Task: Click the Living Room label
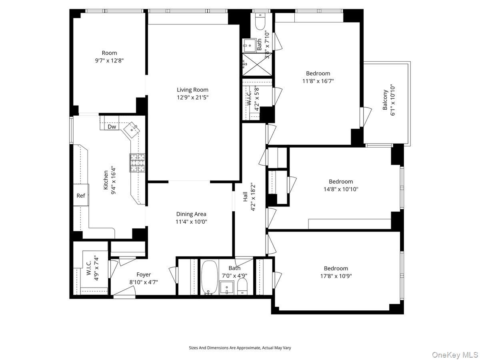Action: [192, 90]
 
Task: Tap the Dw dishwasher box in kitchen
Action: [112, 127]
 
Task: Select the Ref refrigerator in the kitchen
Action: [81, 196]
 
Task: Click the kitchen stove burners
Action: [137, 163]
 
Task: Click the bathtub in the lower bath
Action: [208, 277]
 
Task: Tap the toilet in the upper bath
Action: [260, 22]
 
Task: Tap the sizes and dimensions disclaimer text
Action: [240, 348]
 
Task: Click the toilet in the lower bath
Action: [242, 286]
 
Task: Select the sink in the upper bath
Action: [250, 45]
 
